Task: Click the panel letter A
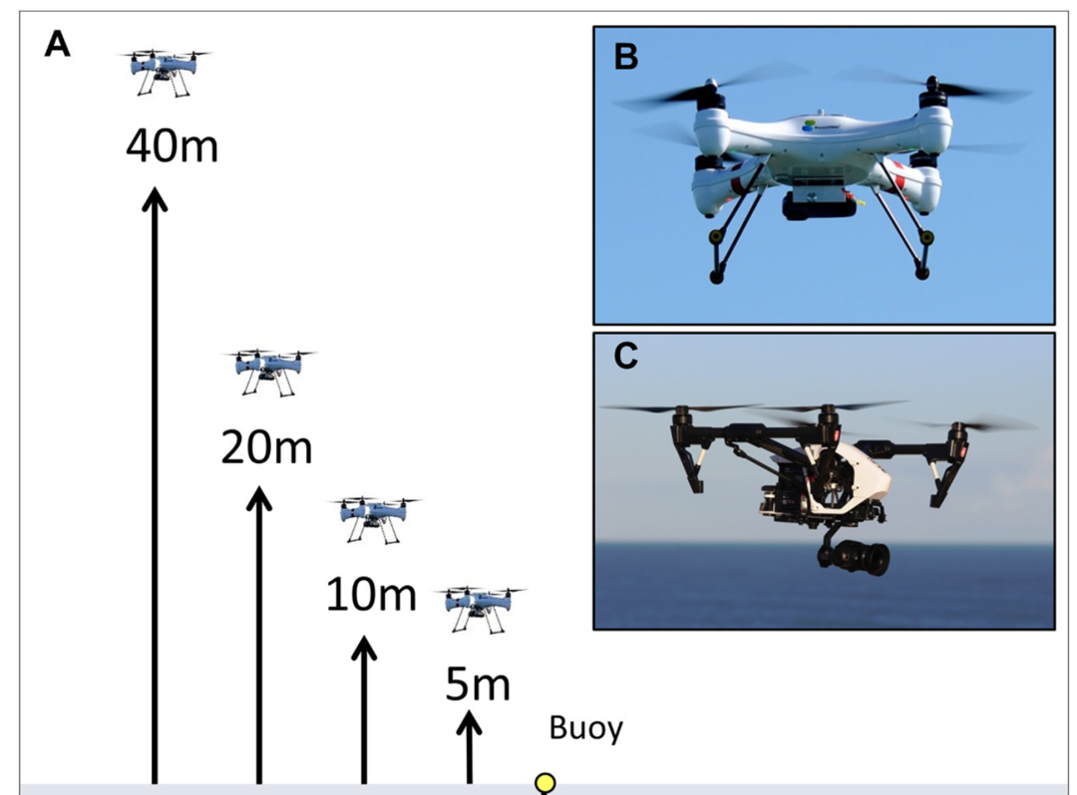coord(58,45)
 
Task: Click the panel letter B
coord(625,57)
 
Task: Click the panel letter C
coord(625,356)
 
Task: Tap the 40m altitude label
coord(172,147)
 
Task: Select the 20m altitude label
coord(266,449)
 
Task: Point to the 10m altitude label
coord(371,596)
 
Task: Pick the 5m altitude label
coord(477,685)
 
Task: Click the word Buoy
coord(586,728)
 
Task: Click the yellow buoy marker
coord(544,783)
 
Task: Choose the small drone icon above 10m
coord(375,519)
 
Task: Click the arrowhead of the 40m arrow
coord(155,199)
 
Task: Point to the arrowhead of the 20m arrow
coord(259,497)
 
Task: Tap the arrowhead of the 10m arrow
coord(364,649)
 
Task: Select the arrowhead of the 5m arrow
coord(469,719)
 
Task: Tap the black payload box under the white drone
coord(820,206)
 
